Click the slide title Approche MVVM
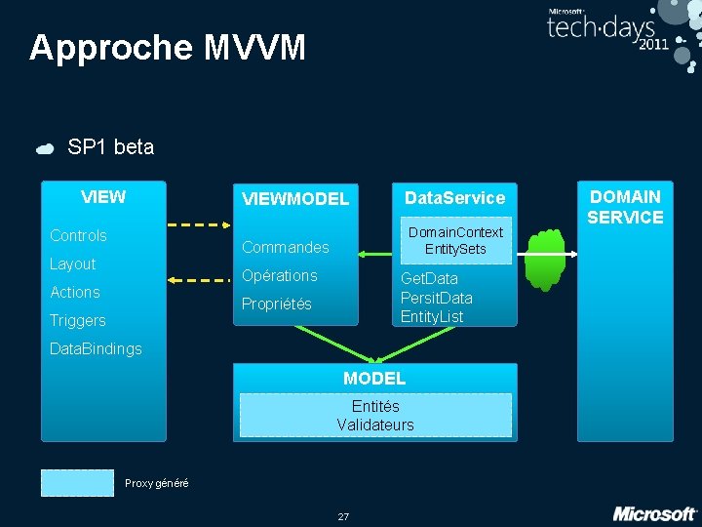(167, 47)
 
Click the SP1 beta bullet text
(110, 147)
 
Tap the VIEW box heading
(103, 197)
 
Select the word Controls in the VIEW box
(78, 236)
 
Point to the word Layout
(73, 264)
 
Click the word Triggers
(78, 321)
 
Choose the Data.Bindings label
(96, 349)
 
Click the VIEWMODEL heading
(295, 199)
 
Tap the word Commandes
(286, 247)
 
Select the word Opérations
(280, 275)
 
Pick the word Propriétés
(277, 304)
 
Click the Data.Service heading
(454, 198)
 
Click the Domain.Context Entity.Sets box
(455, 240)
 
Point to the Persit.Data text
(436, 298)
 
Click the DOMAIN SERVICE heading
(625, 207)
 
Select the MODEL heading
(374, 378)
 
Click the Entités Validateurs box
(375, 415)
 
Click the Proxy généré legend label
(157, 484)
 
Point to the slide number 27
(343, 516)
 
